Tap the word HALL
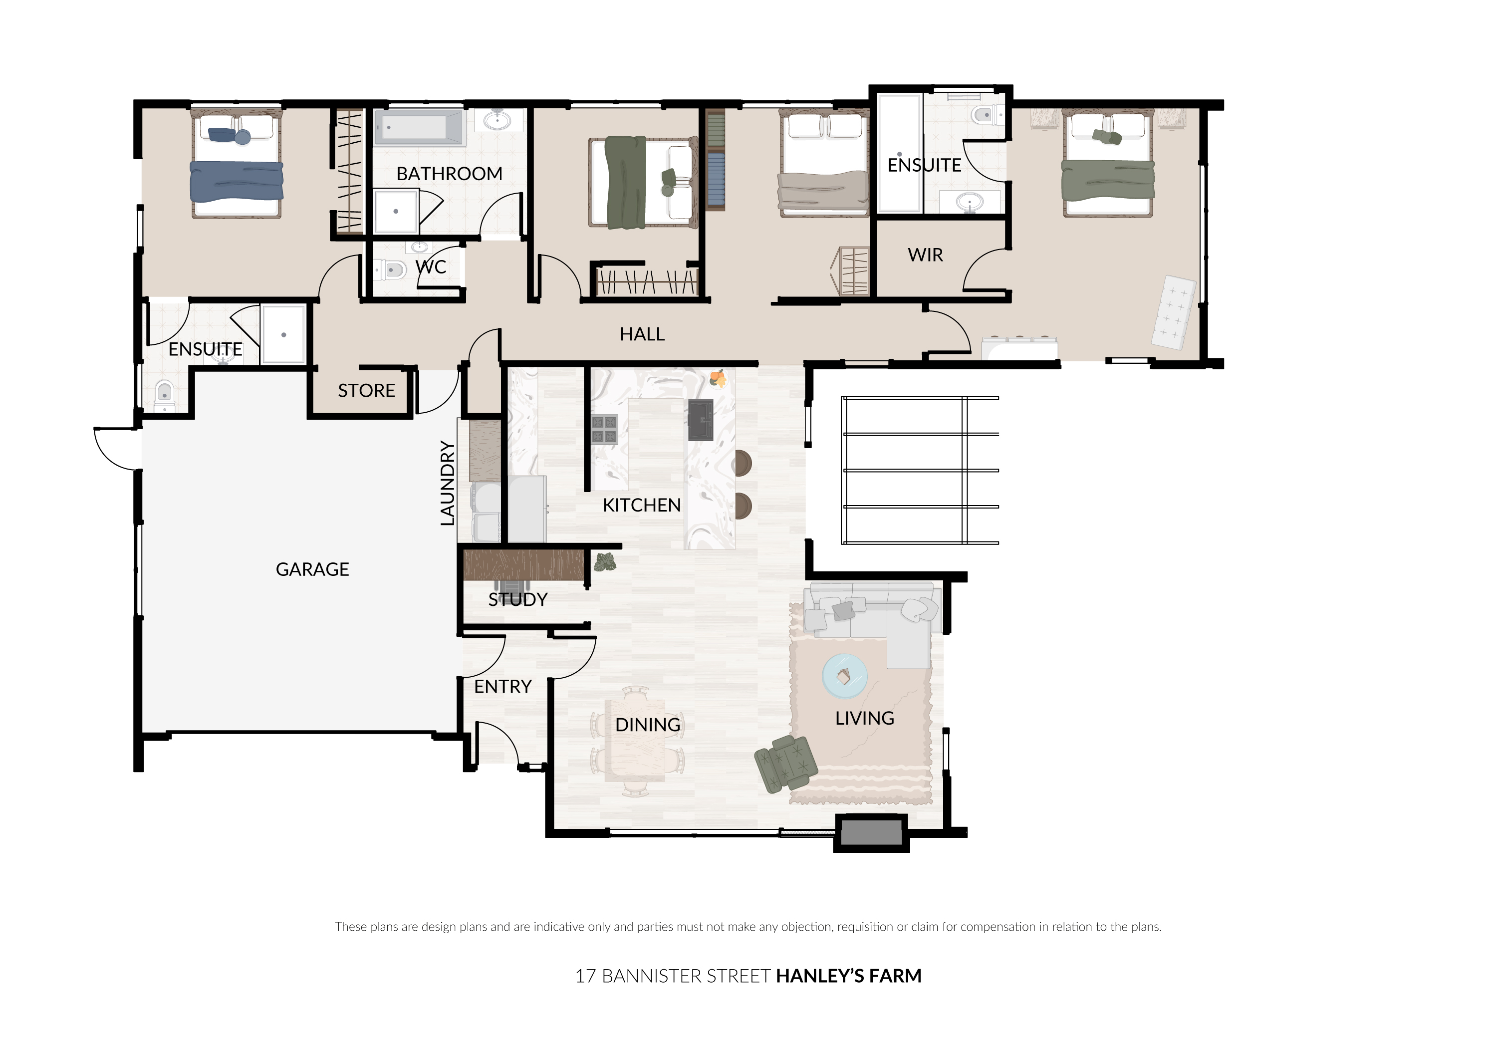click(x=642, y=334)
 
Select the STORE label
click(x=366, y=390)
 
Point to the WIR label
click(x=925, y=255)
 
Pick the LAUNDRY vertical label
click(x=447, y=483)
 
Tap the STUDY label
click(x=517, y=599)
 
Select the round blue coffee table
click(x=844, y=676)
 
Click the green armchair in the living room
click(x=785, y=764)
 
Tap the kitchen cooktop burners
click(x=604, y=429)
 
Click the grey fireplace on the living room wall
click(x=871, y=833)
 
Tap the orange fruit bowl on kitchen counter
click(x=718, y=378)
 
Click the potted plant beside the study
click(x=605, y=562)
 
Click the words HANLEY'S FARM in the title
click(x=848, y=976)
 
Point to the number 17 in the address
click(x=585, y=976)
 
